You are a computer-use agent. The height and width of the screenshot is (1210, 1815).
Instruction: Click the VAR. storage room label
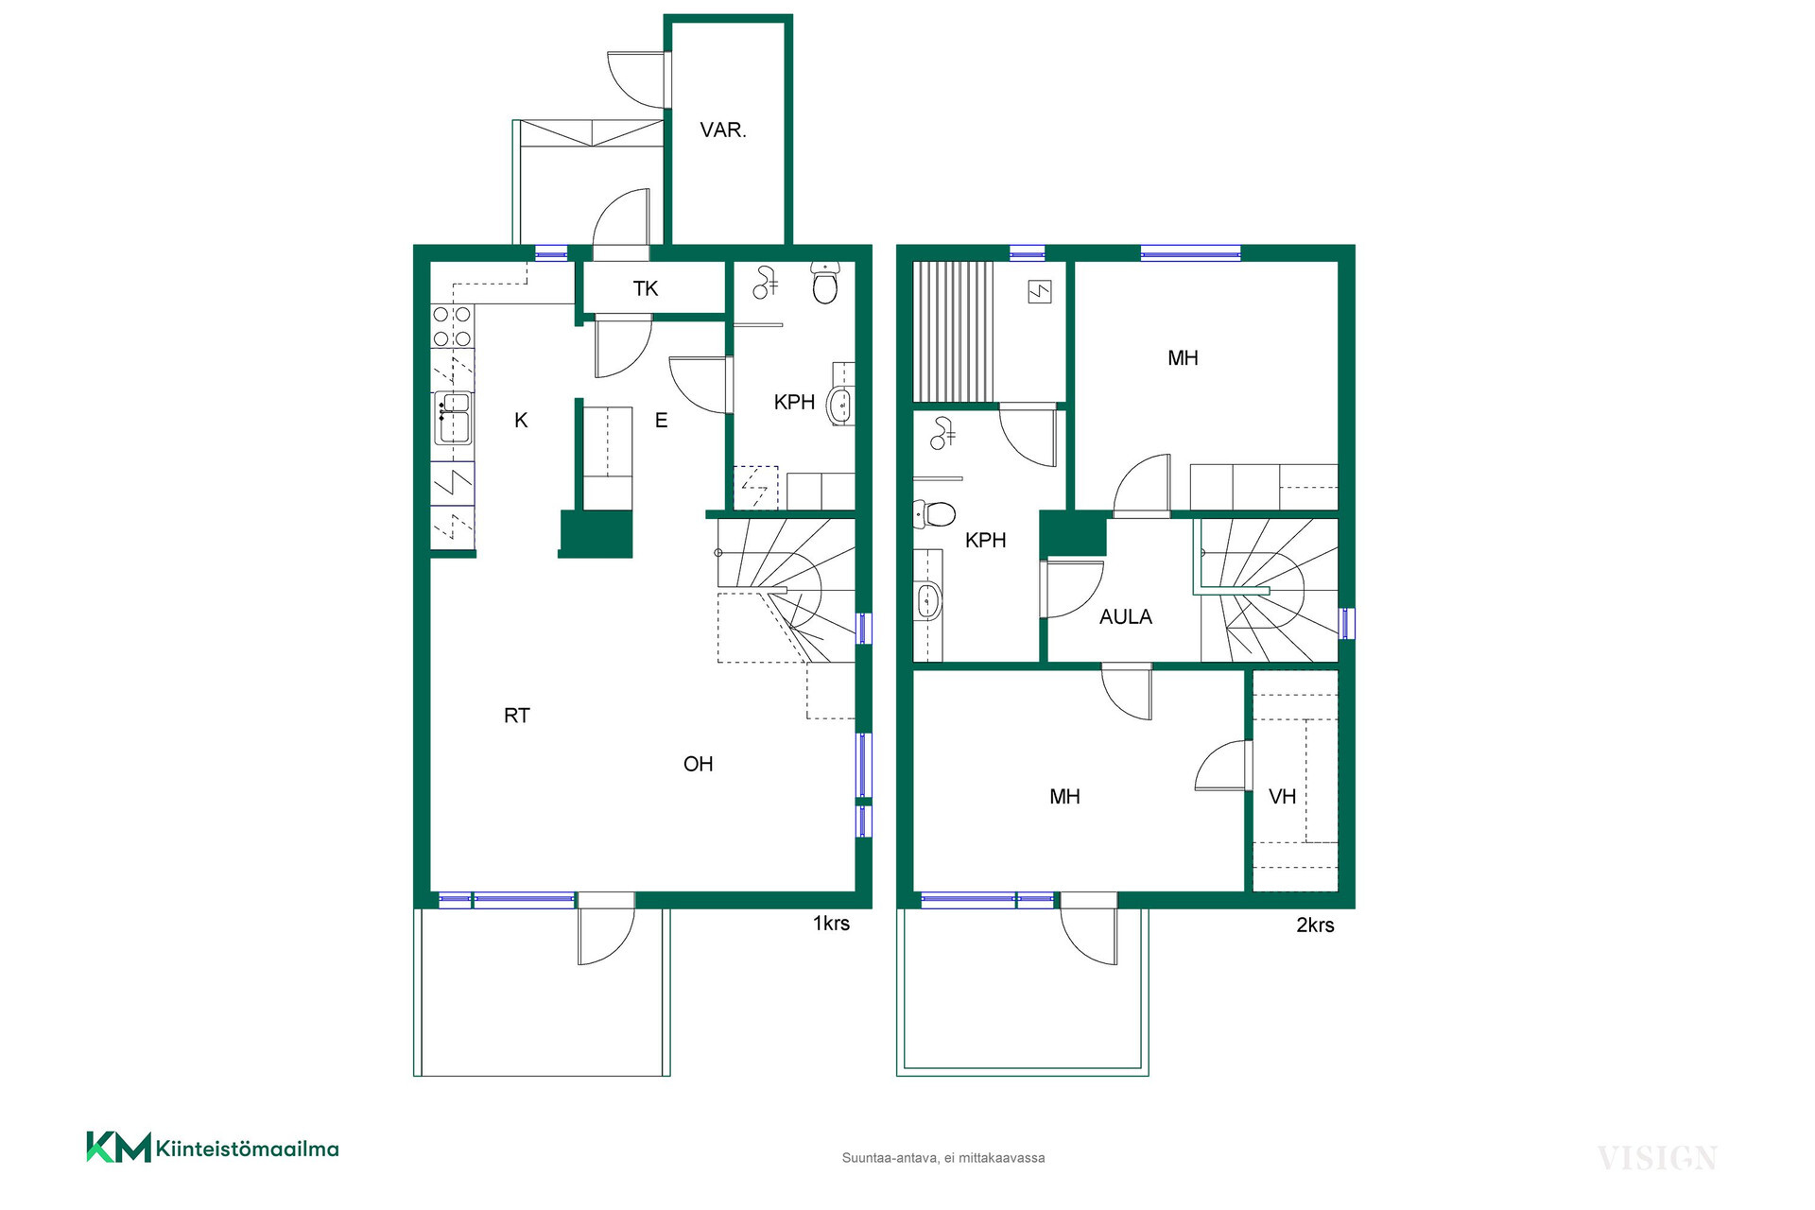pyautogui.click(x=723, y=130)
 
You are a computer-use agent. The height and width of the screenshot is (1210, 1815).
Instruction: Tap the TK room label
pyautogui.click(x=646, y=288)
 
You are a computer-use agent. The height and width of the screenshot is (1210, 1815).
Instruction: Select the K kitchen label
pyautogui.click(x=521, y=421)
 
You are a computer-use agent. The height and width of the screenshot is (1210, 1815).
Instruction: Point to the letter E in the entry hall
pyautogui.click(x=662, y=421)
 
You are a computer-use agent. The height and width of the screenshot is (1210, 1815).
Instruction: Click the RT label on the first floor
pyautogui.click(x=517, y=716)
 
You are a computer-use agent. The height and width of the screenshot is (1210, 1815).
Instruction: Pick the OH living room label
pyautogui.click(x=699, y=764)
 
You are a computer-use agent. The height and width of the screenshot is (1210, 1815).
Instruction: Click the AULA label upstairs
pyautogui.click(x=1126, y=617)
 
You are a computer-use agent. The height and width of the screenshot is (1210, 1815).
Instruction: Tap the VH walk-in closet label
pyautogui.click(x=1282, y=797)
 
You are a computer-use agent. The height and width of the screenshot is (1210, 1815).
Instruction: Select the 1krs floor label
pyautogui.click(x=831, y=924)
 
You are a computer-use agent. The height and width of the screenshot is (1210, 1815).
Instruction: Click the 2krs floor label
pyautogui.click(x=1315, y=925)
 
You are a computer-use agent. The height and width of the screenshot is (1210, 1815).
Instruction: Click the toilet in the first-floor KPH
pyautogui.click(x=825, y=283)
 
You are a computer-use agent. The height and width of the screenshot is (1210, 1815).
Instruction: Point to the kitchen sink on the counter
pyautogui.click(x=453, y=418)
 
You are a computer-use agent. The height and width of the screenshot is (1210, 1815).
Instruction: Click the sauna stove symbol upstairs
pyautogui.click(x=1040, y=292)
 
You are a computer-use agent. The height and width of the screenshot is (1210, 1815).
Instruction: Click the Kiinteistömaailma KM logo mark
pyautogui.click(x=119, y=1147)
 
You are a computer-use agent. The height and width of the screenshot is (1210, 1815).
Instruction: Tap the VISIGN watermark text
pyautogui.click(x=1657, y=1158)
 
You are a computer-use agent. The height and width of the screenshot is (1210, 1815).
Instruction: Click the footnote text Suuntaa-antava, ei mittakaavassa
pyautogui.click(x=943, y=1158)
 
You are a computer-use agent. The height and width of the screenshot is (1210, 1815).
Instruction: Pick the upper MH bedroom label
pyautogui.click(x=1183, y=358)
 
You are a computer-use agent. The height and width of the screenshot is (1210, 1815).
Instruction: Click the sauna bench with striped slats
pyautogui.click(x=953, y=332)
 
